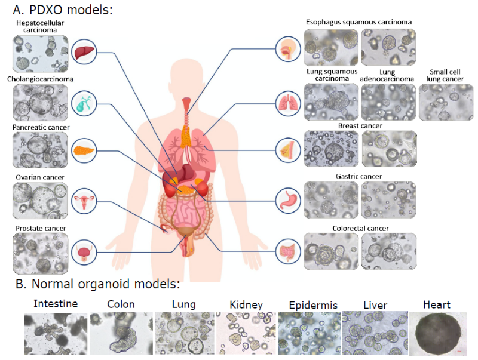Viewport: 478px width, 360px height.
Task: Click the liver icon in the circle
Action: point(84,53)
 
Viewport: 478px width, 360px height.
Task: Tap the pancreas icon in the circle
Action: point(84,150)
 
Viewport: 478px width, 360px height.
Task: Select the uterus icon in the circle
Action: point(84,203)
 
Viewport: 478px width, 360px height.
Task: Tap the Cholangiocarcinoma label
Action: point(41,79)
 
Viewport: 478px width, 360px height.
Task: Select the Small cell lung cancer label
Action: point(446,76)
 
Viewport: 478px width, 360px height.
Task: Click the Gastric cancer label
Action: point(358,176)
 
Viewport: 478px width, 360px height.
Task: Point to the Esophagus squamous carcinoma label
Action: point(358,22)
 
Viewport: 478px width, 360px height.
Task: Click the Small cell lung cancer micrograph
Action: point(446,102)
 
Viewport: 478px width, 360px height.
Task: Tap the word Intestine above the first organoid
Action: point(56,304)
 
